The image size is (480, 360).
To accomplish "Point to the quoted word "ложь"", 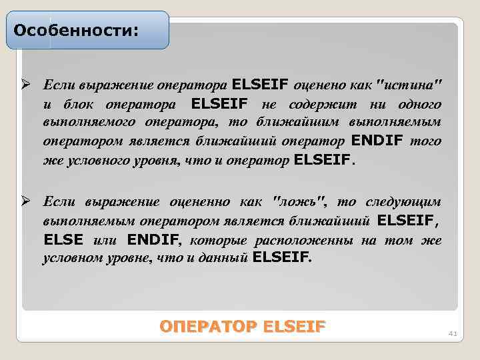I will (x=300, y=202).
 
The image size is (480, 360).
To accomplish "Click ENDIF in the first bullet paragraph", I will (x=377, y=141).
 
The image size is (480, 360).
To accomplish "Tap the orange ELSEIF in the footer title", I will (x=295, y=327).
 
